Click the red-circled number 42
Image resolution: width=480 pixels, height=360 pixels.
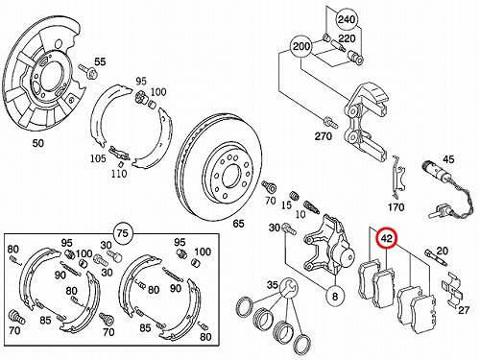(387, 238)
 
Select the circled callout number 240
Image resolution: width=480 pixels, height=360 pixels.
(347, 19)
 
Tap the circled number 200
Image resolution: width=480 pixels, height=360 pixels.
(301, 47)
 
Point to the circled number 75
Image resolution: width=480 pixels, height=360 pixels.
(123, 233)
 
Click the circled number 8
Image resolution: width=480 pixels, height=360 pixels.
(335, 297)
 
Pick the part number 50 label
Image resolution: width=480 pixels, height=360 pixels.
(37, 143)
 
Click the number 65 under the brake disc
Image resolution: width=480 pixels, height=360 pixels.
(238, 224)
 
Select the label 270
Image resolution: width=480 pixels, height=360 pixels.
(324, 136)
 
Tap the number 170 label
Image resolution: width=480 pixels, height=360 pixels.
(396, 207)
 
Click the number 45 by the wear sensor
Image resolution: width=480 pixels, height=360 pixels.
(448, 159)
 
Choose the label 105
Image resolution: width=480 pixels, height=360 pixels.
(98, 158)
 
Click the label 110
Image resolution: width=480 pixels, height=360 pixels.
(119, 174)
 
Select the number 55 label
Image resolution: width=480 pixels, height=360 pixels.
(100, 61)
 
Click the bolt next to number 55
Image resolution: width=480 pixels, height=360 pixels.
(86, 71)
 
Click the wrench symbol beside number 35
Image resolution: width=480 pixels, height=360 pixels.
(289, 288)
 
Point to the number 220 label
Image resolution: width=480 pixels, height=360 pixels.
(347, 39)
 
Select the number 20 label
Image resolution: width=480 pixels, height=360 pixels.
(442, 251)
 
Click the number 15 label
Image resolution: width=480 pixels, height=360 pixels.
(286, 205)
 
